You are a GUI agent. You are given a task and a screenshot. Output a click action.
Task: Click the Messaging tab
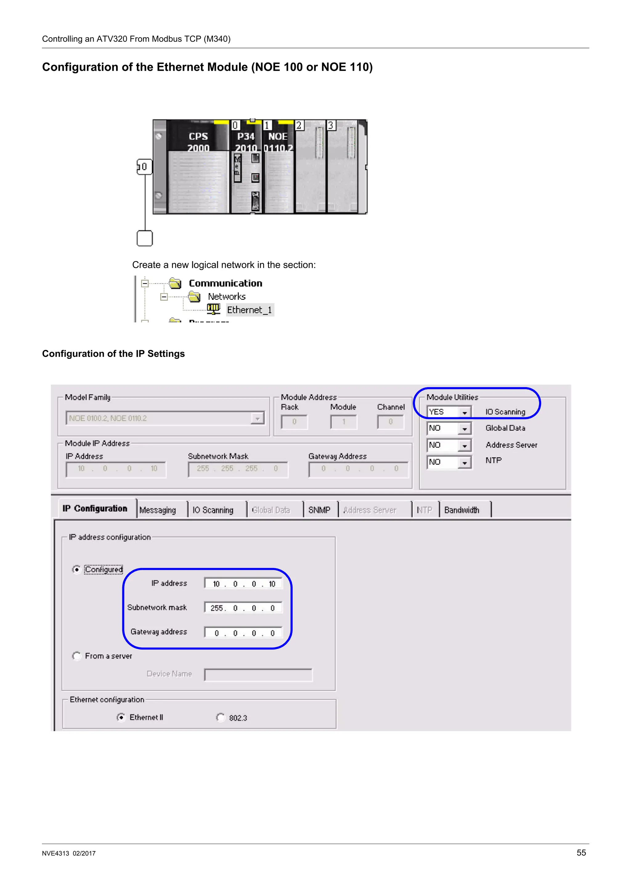coord(157,510)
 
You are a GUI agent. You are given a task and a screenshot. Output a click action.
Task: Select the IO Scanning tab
coord(213,510)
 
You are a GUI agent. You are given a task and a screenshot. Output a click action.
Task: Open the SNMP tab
coord(319,510)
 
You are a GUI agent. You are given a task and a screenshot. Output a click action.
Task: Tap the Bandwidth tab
coord(462,510)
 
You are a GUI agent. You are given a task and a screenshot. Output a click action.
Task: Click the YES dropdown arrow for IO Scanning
coord(465,412)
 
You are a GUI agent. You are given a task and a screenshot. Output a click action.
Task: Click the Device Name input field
coord(258,675)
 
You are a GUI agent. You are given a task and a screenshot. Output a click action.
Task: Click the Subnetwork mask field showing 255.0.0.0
coord(243,608)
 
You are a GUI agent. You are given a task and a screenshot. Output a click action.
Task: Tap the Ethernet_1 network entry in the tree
coord(250,310)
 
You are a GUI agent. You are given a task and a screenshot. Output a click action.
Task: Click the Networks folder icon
coord(194,297)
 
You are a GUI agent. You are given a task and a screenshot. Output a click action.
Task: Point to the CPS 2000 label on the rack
coord(198,142)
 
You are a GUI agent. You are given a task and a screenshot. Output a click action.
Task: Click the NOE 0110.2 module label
coord(278,142)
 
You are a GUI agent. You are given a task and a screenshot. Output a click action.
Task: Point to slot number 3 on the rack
coord(331,125)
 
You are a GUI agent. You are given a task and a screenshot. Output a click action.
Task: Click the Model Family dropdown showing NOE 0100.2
coord(165,418)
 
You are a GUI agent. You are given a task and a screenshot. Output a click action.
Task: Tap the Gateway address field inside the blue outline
coord(243,633)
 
